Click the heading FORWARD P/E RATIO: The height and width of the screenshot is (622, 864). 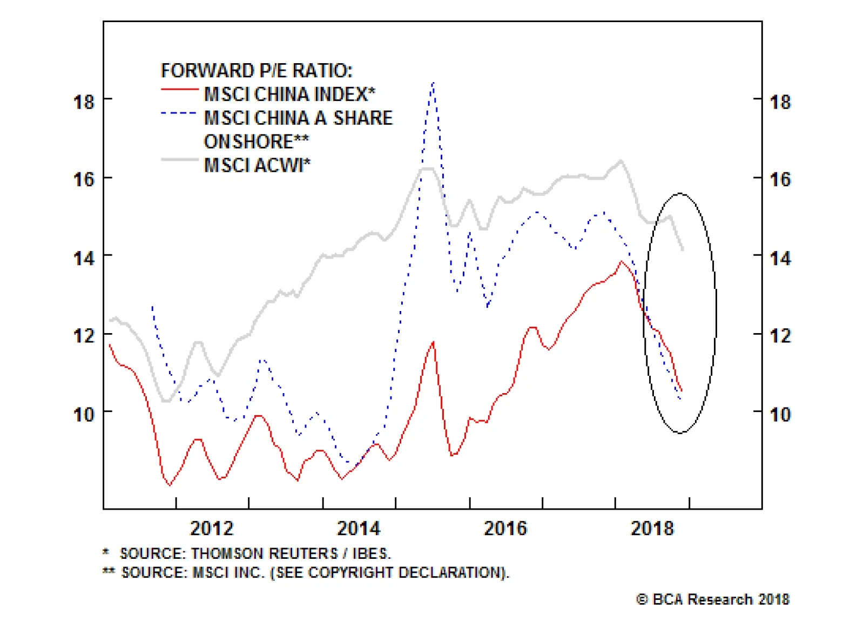coord(256,71)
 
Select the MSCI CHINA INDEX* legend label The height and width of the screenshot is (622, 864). coord(289,94)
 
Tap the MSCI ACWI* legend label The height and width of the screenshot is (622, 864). coord(257,165)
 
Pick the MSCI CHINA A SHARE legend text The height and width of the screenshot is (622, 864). coord(298,118)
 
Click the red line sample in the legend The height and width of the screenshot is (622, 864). coord(180,89)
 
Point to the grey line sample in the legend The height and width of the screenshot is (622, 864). coord(180,160)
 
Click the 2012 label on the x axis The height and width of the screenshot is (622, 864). coord(212,528)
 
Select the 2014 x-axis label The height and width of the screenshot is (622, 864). coord(359,528)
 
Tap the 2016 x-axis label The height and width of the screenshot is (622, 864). coord(505,528)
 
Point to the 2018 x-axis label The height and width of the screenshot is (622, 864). coord(652,528)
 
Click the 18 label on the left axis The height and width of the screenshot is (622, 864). coord(84,102)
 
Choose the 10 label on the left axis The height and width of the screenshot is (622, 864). coord(84,415)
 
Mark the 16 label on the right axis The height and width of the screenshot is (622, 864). coord(780,179)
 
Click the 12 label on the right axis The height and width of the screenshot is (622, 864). coord(780,336)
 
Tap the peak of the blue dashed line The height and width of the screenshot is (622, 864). coord(433,84)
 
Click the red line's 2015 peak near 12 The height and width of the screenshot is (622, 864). coord(433,342)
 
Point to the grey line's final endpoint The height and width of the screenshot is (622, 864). coord(683,249)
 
